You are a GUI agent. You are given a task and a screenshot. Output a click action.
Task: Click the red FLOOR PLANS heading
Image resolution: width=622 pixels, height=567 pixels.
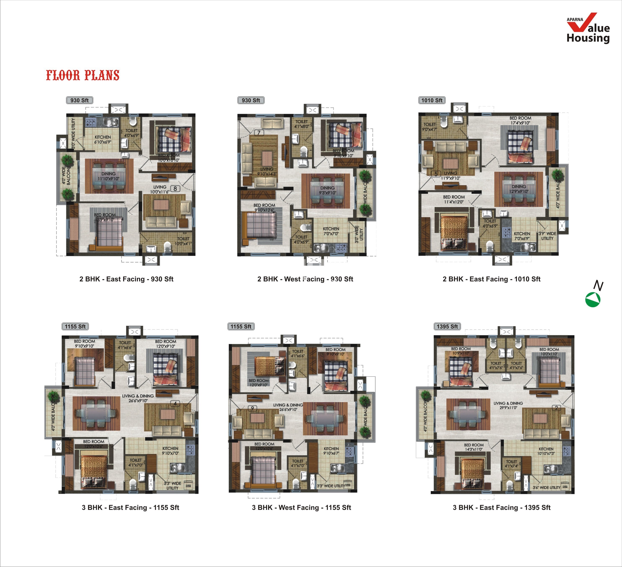click(83, 75)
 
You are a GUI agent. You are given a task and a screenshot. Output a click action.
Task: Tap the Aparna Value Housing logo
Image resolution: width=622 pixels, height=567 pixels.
click(588, 28)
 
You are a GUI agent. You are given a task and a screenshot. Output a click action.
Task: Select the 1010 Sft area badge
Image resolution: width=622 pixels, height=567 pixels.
click(432, 100)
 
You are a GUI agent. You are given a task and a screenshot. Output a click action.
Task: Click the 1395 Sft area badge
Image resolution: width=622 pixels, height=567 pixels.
click(447, 327)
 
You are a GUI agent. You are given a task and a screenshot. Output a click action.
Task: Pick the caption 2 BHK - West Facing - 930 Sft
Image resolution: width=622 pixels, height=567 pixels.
click(305, 279)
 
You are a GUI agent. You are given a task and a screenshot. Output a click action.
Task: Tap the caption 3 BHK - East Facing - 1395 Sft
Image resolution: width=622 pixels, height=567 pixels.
click(501, 507)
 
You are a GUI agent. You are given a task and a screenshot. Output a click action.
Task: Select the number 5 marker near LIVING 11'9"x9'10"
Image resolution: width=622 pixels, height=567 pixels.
click(436, 174)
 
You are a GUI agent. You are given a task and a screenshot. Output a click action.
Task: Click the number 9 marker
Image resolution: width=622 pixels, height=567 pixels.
click(252, 408)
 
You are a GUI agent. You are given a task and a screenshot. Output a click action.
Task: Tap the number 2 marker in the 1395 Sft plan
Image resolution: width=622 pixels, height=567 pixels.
click(556, 408)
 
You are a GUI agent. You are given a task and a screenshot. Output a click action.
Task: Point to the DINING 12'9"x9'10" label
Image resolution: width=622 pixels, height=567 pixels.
click(519, 189)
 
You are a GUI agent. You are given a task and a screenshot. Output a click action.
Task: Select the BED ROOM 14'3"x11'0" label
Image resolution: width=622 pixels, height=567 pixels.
click(474, 447)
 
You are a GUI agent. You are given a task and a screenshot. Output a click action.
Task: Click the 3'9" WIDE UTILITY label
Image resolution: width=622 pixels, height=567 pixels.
click(547, 236)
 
